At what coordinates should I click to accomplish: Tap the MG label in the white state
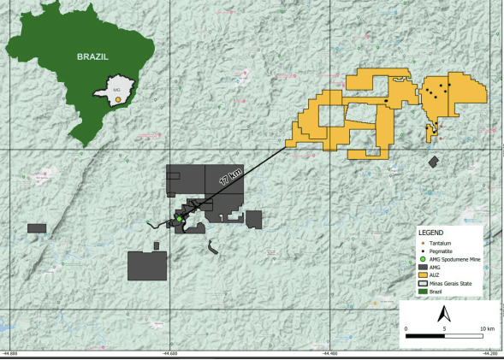click(x=116, y=87)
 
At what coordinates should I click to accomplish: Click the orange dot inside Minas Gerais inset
click(x=116, y=99)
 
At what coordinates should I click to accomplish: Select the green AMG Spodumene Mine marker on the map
click(x=179, y=220)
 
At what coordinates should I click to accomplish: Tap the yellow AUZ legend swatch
click(x=422, y=275)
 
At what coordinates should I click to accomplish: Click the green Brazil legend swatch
click(x=422, y=292)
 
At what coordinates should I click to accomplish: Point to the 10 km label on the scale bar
click(x=485, y=327)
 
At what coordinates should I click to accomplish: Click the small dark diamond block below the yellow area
click(x=434, y=161)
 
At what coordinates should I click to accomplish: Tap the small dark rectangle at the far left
click(x=36, y=228)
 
